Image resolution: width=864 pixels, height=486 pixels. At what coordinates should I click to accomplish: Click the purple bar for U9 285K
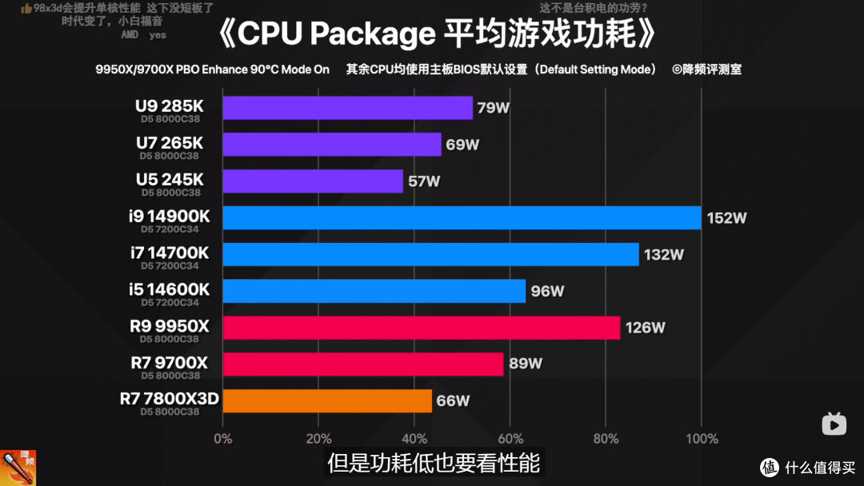pyautogui.click(x=347, y=108)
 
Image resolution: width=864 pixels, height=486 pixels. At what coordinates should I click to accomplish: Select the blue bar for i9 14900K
pyautogui.click(x=462, y=217)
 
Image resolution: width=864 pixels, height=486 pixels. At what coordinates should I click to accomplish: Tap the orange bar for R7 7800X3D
pyautogui.click(x=327, y=400)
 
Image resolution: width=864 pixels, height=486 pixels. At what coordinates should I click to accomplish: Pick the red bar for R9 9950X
pyautogui.click(x=421, y=328)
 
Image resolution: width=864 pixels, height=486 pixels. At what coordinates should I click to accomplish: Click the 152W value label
pyautogui.click(x=727, y=218)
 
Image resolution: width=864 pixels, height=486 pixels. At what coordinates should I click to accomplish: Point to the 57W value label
pyautogui.click(x=424, y=181)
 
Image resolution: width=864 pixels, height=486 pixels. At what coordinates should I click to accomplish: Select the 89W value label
pyautogui.click(x=526, y=364)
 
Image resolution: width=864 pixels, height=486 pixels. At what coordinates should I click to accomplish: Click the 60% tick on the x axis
pyautogui.click(x=510, y=439)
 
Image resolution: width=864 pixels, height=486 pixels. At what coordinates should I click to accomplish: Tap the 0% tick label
pyautogui.click(x=223, y=439)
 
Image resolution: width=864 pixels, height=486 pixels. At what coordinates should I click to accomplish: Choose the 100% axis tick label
pyautogui.click(x=702, y=439)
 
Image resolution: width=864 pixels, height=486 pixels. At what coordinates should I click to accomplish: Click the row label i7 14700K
pyautogui.click(x=170, y=253)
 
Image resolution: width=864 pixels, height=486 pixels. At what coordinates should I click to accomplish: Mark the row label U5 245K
pyautogui.click(x=169, y=180)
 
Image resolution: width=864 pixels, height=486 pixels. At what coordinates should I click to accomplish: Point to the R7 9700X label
pyautogui.click(x=169, y=363)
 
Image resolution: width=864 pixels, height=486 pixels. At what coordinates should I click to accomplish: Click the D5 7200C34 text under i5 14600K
pyautogui.click(x=170, y=303)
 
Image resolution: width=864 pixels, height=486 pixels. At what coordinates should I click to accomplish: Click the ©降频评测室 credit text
pyautogui.click(x=706, y=70)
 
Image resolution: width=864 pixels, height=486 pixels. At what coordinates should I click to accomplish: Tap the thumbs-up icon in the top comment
pyautogui.click(x=26, y=8)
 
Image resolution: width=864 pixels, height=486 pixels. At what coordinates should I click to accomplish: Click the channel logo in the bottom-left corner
pyautogui.click(x=18, y=468)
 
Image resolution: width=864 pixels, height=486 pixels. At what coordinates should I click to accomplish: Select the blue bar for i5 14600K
pyautogui.click(x=374, y=291)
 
